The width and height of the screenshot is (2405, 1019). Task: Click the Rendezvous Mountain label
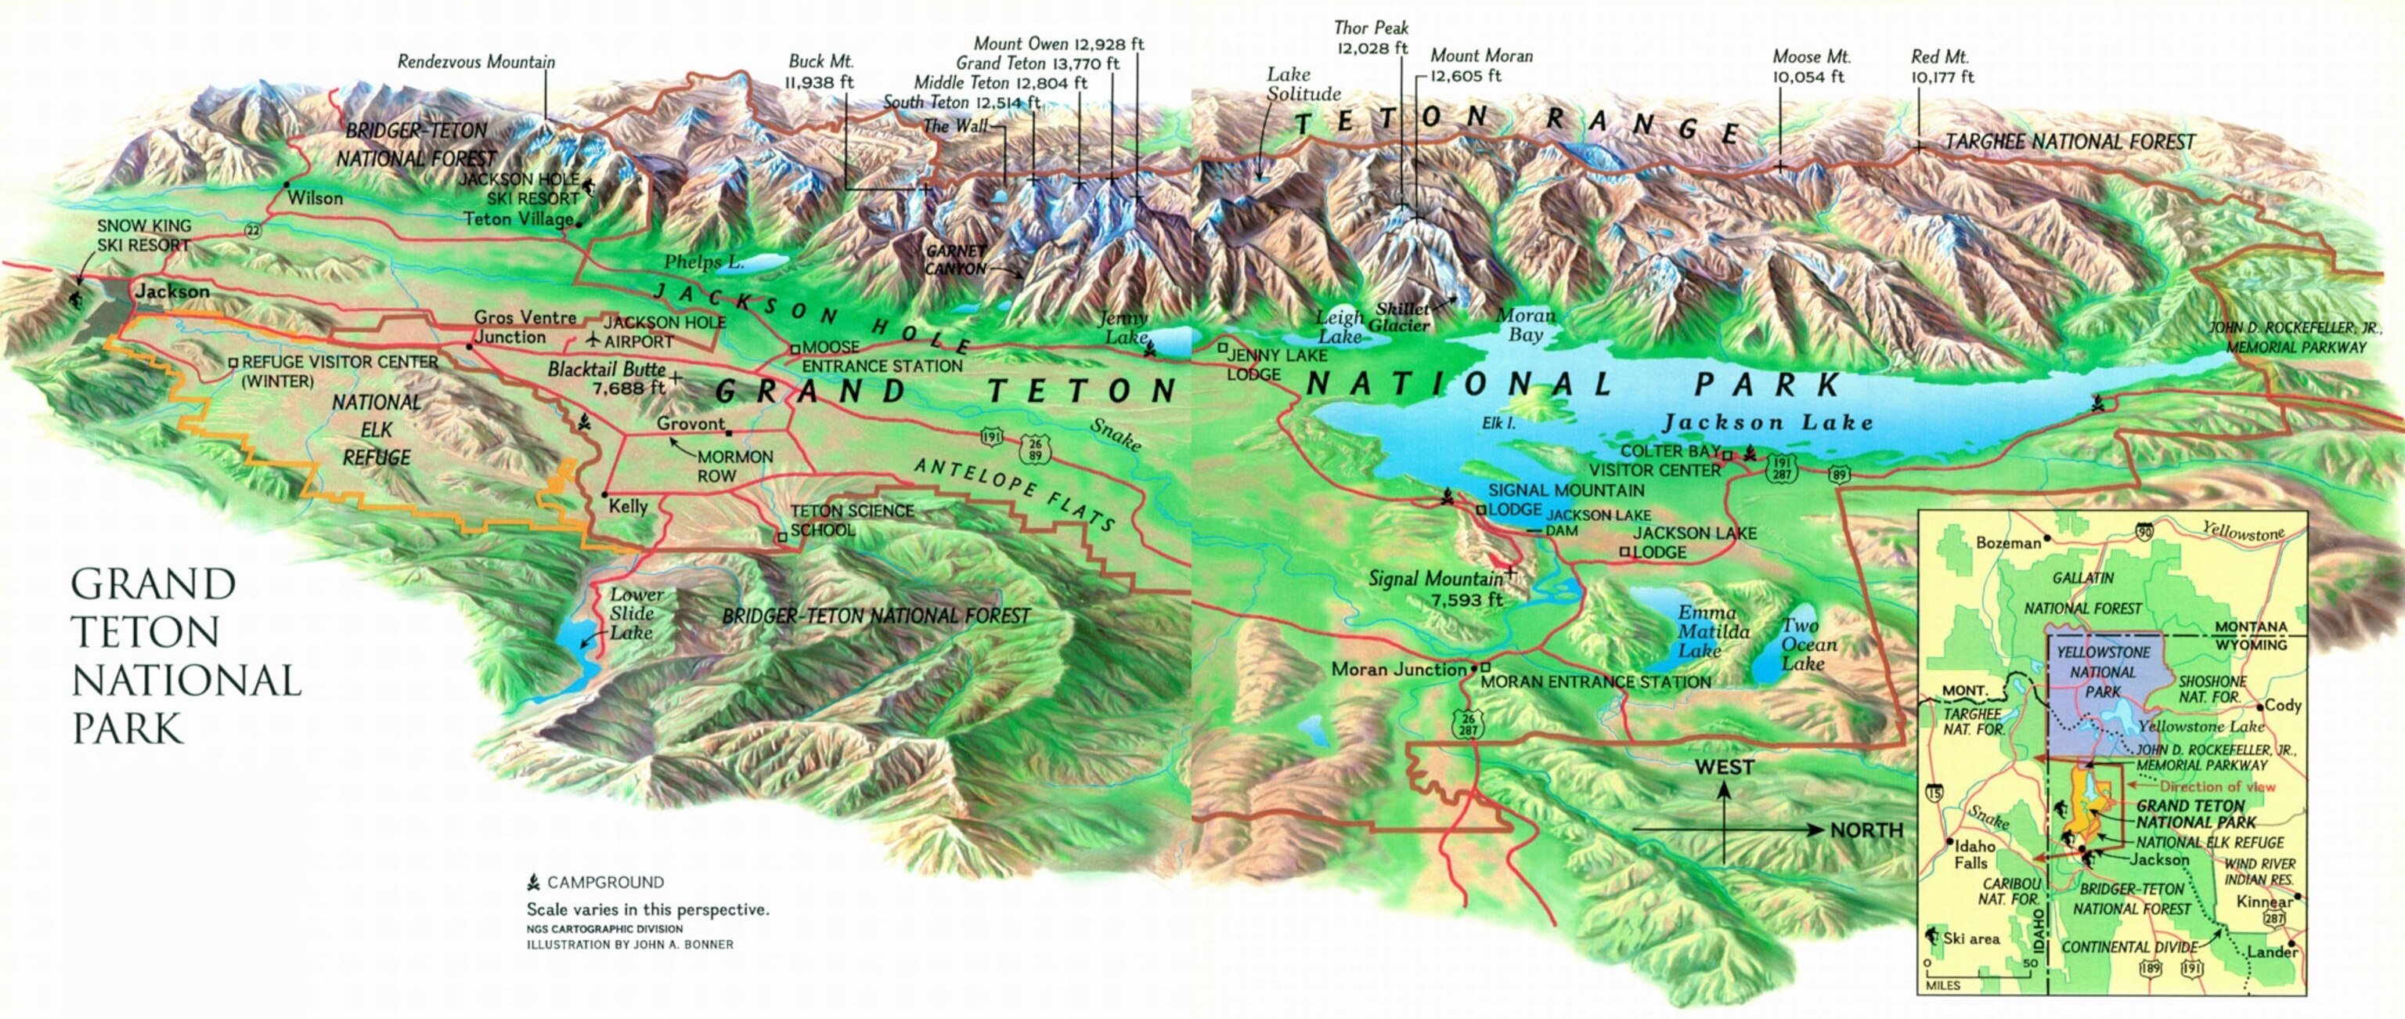point(476,63)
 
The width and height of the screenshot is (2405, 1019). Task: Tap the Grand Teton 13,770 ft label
point(1037,63)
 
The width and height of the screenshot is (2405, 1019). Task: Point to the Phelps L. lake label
point(704,262)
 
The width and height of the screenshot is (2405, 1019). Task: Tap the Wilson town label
point(315,198)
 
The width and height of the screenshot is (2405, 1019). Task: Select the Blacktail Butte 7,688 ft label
point(607,378)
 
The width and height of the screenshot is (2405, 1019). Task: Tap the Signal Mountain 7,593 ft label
point(1436,588)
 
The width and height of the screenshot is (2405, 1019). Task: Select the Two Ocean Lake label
point(1808,645)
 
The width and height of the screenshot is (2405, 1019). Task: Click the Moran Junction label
point(1398,669)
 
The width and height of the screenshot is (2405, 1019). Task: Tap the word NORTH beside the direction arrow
point(1866,829)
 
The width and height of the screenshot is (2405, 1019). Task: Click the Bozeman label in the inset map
point(2008,543)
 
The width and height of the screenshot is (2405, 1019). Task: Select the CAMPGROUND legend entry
point(605,882)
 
